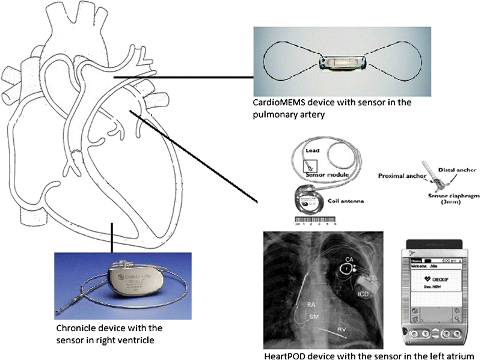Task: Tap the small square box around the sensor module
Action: click(310, 166)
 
